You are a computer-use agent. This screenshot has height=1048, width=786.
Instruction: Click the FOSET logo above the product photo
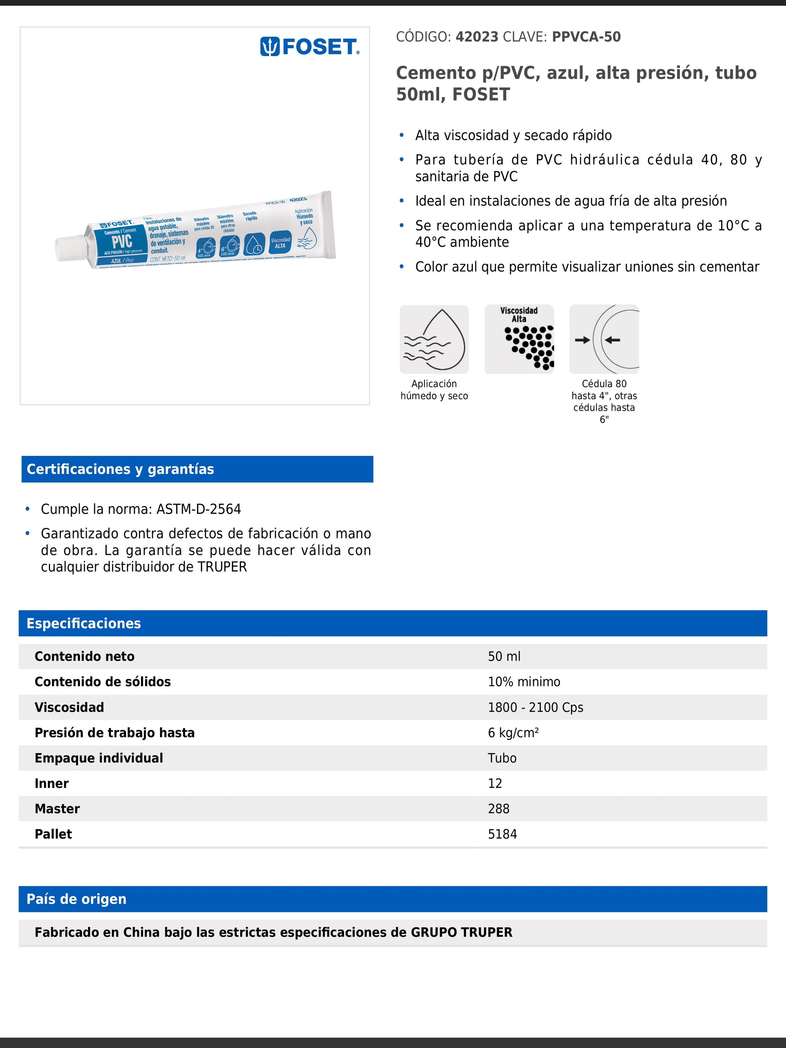tap(310, 47)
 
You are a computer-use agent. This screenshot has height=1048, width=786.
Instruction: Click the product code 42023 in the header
tap(477, 37)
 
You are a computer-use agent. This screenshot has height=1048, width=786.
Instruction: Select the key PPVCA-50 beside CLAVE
tap(586, 37)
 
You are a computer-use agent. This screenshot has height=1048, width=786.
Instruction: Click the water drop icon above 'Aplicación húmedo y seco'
tap(434, 339)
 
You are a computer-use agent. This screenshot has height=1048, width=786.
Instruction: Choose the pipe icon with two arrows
tap(604, 339)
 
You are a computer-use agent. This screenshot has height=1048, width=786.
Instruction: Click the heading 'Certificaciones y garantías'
tap(120, 469)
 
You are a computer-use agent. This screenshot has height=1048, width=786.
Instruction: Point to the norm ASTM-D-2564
tap(198, 509)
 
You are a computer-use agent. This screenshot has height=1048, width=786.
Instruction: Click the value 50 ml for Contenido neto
tap(504, 657)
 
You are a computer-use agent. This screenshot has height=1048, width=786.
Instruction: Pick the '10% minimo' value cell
tap(524, 682)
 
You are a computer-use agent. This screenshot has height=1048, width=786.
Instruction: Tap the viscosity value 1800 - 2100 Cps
tap(535, 708)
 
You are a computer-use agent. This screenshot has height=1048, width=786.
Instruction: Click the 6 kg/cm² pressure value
tap(513, 733)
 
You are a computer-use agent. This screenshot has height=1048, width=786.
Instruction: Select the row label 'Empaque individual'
tap(99, 758)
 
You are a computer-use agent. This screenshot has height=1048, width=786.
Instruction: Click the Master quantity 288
tap(498, 809)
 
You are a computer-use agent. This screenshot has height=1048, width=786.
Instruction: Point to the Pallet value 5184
tap(502, 834)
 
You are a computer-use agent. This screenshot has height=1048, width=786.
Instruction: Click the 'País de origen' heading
tap(76, 899)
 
